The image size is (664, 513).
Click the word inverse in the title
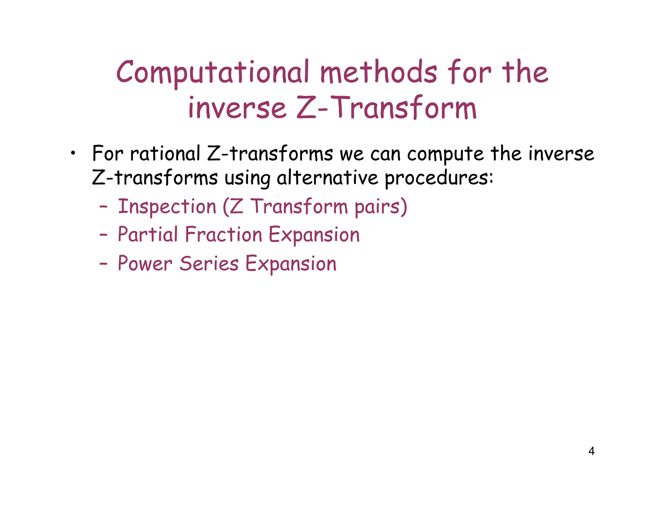[237, 108]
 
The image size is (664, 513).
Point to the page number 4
[591, 451]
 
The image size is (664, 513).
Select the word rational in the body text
[165, 153]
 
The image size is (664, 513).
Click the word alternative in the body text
[327, 178]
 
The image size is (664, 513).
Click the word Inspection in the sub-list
[167, 207]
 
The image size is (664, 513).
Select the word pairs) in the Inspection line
[381, 207]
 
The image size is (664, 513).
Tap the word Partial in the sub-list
[148, 234]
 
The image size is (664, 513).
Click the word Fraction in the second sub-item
[223, 234]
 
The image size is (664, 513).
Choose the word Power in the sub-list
[145, 263]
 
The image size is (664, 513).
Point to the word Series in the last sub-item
[209, 263]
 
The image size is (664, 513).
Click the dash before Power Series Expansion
[103, 264]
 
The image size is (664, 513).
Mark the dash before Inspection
[103, 207]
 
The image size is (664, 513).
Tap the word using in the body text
[247, 179]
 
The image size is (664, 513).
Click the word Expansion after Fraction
[314, 235]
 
